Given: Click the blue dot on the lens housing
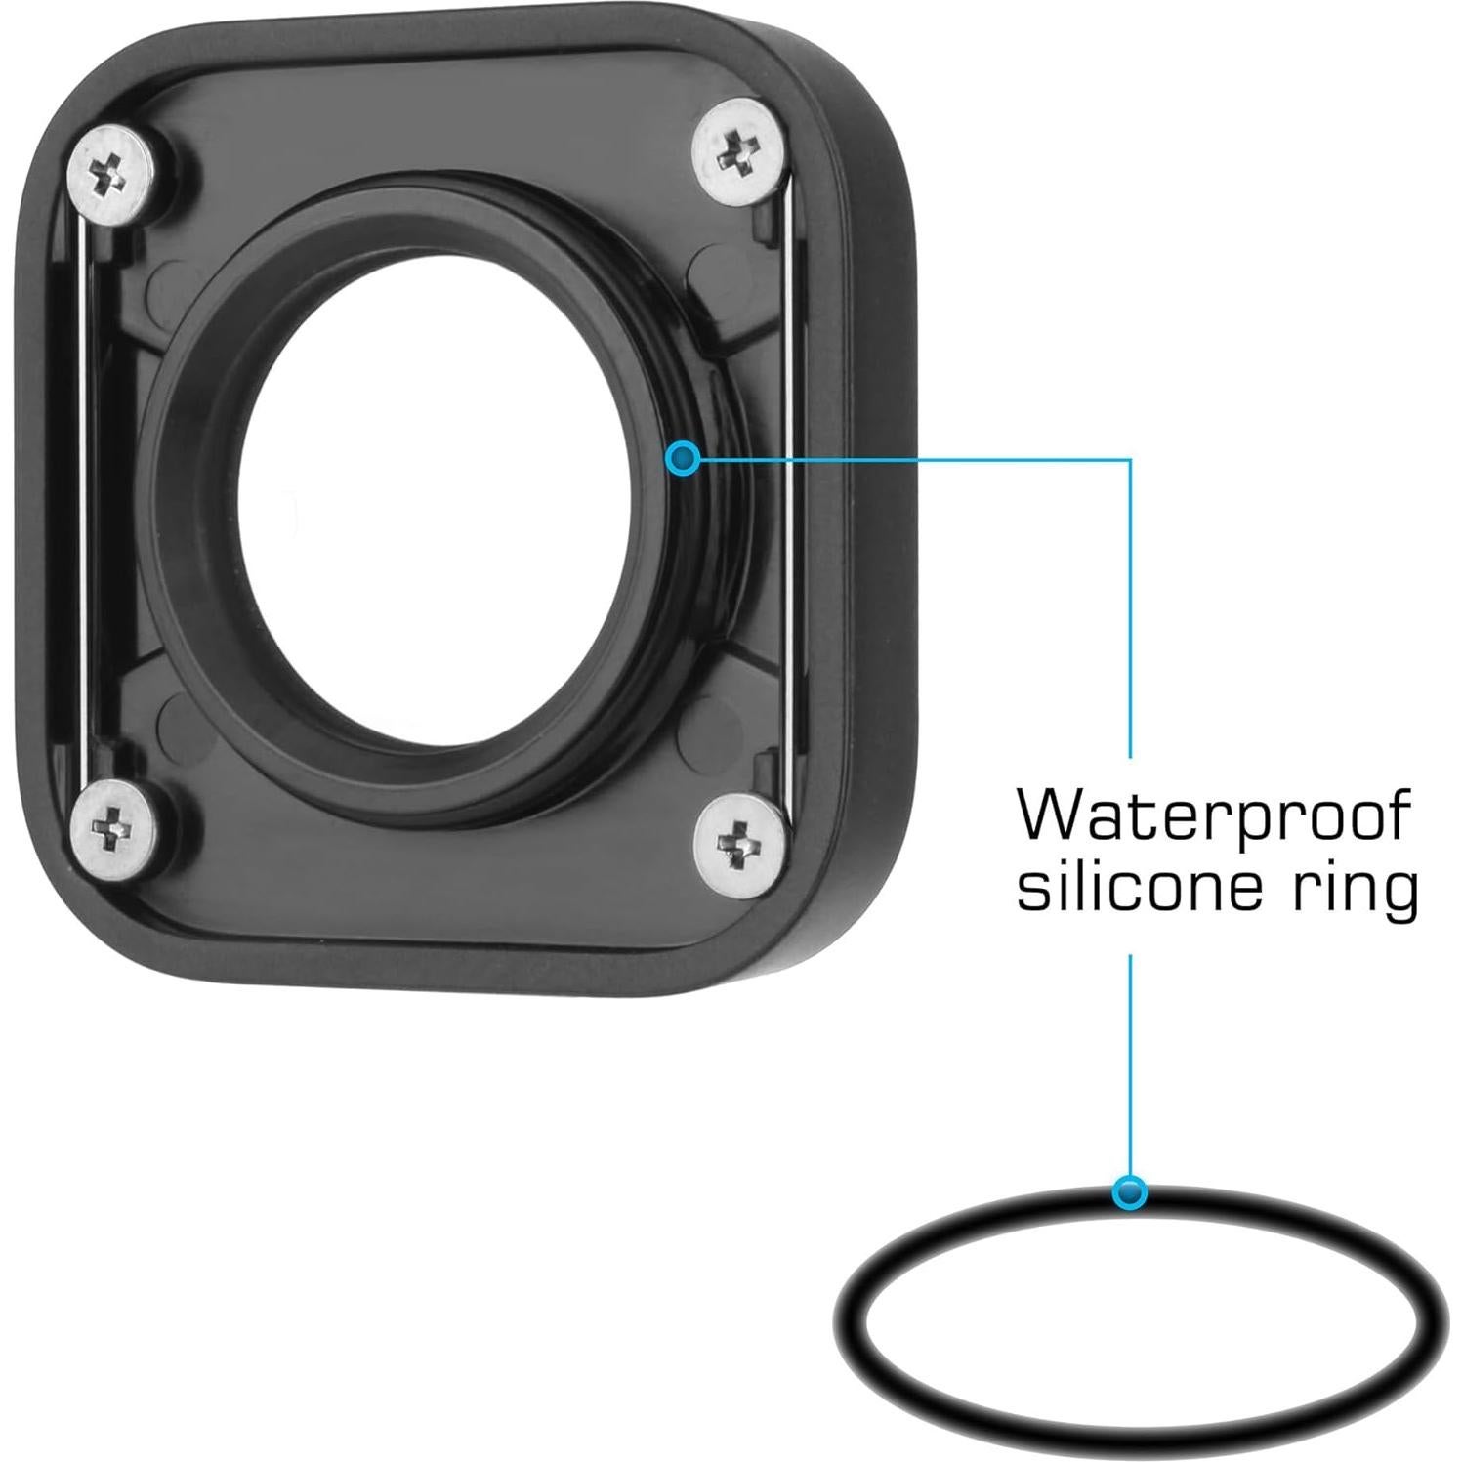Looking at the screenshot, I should pos(684,457).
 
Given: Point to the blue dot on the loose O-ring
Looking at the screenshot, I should pos(1130,1192).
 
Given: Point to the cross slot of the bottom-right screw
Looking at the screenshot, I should pos(740,841).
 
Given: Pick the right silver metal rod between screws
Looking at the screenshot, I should pos(785,488).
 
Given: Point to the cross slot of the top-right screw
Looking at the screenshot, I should pos(738,152).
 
